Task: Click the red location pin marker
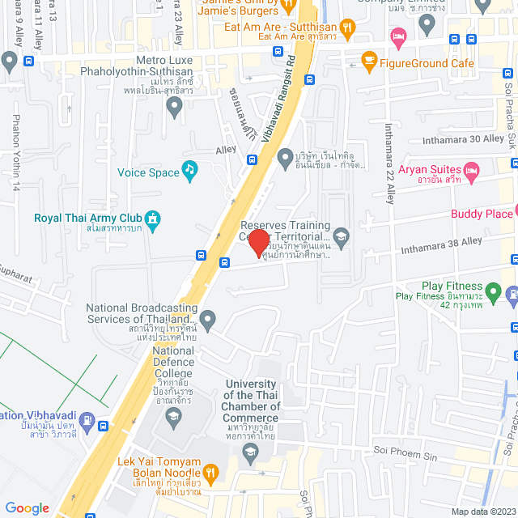coord(258,242)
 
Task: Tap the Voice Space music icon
coord(189,170)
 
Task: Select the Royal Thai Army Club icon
coord(151,218)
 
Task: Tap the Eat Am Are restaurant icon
coord(346,28)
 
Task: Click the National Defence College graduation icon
coord(172,418)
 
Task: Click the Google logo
coord(28,507)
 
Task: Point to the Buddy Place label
coord(482,214)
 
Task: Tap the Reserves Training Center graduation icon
coord(341,236)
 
